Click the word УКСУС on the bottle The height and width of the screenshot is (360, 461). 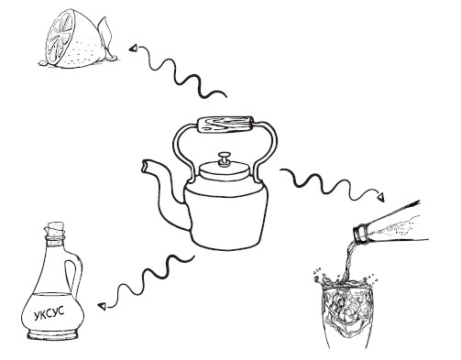point(49,313)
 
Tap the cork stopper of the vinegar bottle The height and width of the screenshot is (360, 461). point(56,229)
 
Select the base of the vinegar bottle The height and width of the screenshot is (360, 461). point(53,335)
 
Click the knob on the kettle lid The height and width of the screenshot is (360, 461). point(225,158)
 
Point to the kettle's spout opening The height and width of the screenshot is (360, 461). point(145,166)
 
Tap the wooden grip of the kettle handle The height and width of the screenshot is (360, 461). point(225,125)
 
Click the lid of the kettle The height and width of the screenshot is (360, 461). point(225,170)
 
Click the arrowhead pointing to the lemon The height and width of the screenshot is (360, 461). point(133,49)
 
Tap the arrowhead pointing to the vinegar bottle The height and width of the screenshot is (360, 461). point(102,306)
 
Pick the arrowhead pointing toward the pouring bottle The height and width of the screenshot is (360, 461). point(380,198)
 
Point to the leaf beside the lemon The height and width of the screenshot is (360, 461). point(104,35)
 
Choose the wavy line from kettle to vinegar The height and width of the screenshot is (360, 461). point(149,278)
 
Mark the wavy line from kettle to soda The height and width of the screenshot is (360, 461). point(330,182)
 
